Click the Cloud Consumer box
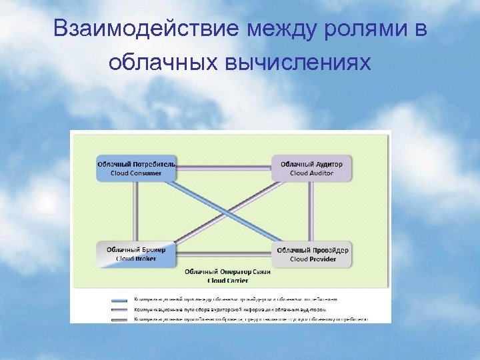136,169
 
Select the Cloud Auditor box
311,169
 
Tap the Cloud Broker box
136,254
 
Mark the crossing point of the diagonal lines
224,211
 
